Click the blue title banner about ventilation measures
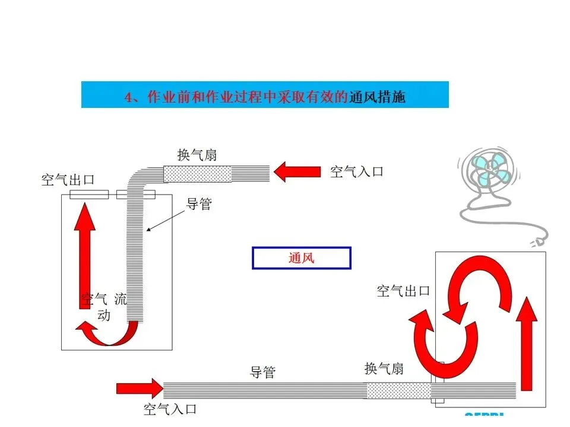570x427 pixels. point(265,95)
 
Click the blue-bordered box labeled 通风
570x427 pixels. point(302,258)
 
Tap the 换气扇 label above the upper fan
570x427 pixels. point(197,155)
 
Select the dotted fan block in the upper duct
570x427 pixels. point(197,174)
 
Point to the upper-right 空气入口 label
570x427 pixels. point(356,172)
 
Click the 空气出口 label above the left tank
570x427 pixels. point(68,180)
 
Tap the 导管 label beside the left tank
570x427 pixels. point(199,205)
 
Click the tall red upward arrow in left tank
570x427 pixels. point(87,255)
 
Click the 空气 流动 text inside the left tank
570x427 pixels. point(104,306)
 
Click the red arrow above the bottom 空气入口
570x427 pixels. point(139,388)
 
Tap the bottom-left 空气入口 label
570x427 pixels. point(170,409)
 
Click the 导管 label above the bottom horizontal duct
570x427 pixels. point(262,372)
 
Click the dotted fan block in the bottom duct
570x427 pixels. point(397,390)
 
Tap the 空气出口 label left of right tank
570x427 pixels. point(403,291)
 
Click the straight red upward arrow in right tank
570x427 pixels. point(525,344)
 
